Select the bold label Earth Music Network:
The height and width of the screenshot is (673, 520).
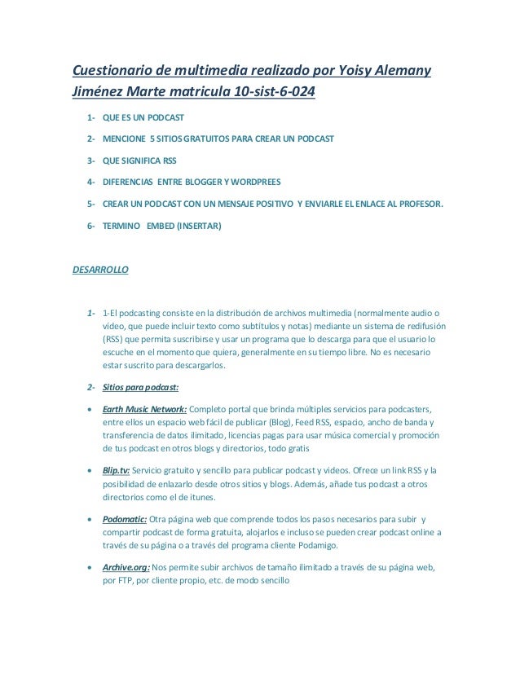click(x=144, y=407)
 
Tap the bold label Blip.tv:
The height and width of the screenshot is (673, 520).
click(x=116, y=471)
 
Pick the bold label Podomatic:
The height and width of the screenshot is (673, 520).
click(x=125, y=519)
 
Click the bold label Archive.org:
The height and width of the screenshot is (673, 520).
click(x=126, y=567)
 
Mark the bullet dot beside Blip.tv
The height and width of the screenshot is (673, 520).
click(x=90, y=471)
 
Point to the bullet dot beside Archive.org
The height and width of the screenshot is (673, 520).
click(x=90, y=567)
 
